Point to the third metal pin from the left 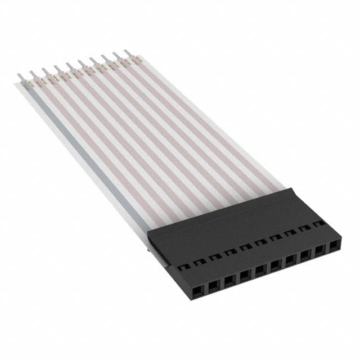coord(46,72)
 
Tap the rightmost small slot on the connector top coord(319,223)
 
